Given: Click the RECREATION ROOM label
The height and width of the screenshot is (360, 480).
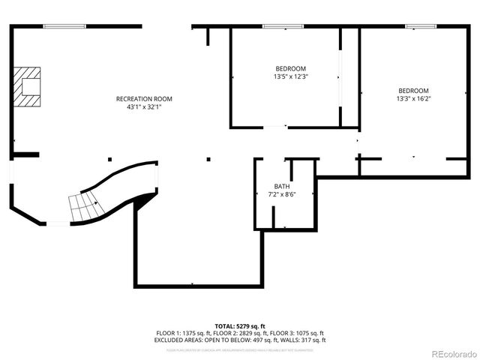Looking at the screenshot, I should click(x=144, y=99).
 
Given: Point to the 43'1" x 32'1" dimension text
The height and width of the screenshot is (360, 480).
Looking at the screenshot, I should click(x=144, y=107).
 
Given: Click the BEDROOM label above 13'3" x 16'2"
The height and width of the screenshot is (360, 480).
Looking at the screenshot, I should click(x=413, y=90).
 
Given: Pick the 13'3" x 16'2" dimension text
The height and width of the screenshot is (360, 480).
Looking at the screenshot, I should click(x=413, y=98).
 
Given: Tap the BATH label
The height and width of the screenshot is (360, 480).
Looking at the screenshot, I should click(x=282, y=187).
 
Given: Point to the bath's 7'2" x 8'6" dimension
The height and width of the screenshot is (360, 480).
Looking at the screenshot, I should click(x=282, y=195).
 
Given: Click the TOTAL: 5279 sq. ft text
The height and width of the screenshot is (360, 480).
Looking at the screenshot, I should click(x=240, y=326).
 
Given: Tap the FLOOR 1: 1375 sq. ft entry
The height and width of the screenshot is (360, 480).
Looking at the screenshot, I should click(x=184, y=333).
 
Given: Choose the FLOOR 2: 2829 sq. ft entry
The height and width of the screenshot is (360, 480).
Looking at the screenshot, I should click(x=240, y=333).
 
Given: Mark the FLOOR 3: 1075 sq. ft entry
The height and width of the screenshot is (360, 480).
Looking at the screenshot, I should click(x=296, y=333).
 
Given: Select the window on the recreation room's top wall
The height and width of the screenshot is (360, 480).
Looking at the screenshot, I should click(x=64, y=27).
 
